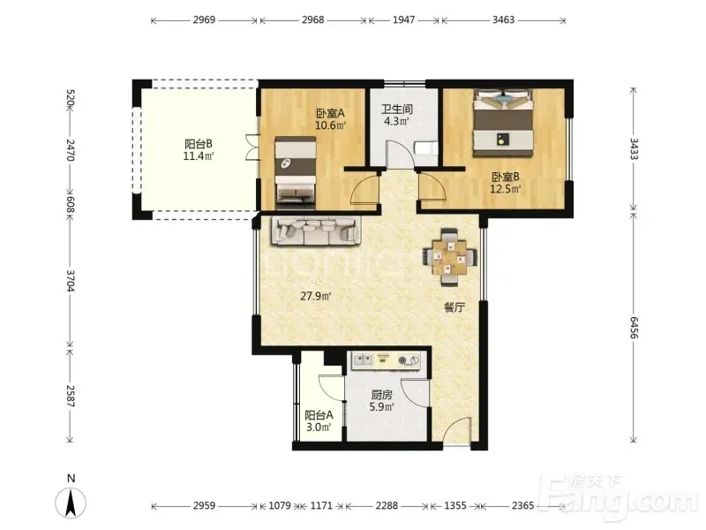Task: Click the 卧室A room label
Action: (x=330, y=113)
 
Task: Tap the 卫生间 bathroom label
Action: (x=396, y=109)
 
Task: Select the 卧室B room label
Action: (x=505, y=177)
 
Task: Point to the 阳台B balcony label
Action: (x=198, y=144)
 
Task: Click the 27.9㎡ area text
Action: (x=316, y=296)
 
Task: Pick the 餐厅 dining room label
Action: (x=454, y=307)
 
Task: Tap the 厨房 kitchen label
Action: (x=382, y=395)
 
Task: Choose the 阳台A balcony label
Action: (x=319, y=414)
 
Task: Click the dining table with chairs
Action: (x=449, y=257)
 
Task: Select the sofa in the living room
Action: (x=316, y=231)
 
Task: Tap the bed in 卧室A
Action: (x=296, y=173)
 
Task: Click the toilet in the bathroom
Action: (x=425, y=148)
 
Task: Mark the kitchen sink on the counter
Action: (x=363, y=360)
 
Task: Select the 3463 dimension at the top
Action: (x=503, y=19)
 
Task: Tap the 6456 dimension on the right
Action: (x=634, y=328)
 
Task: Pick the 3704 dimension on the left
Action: (x=71, y=280)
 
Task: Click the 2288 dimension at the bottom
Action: (x=387, y=505)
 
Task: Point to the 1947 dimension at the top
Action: (x=403, y=19)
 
